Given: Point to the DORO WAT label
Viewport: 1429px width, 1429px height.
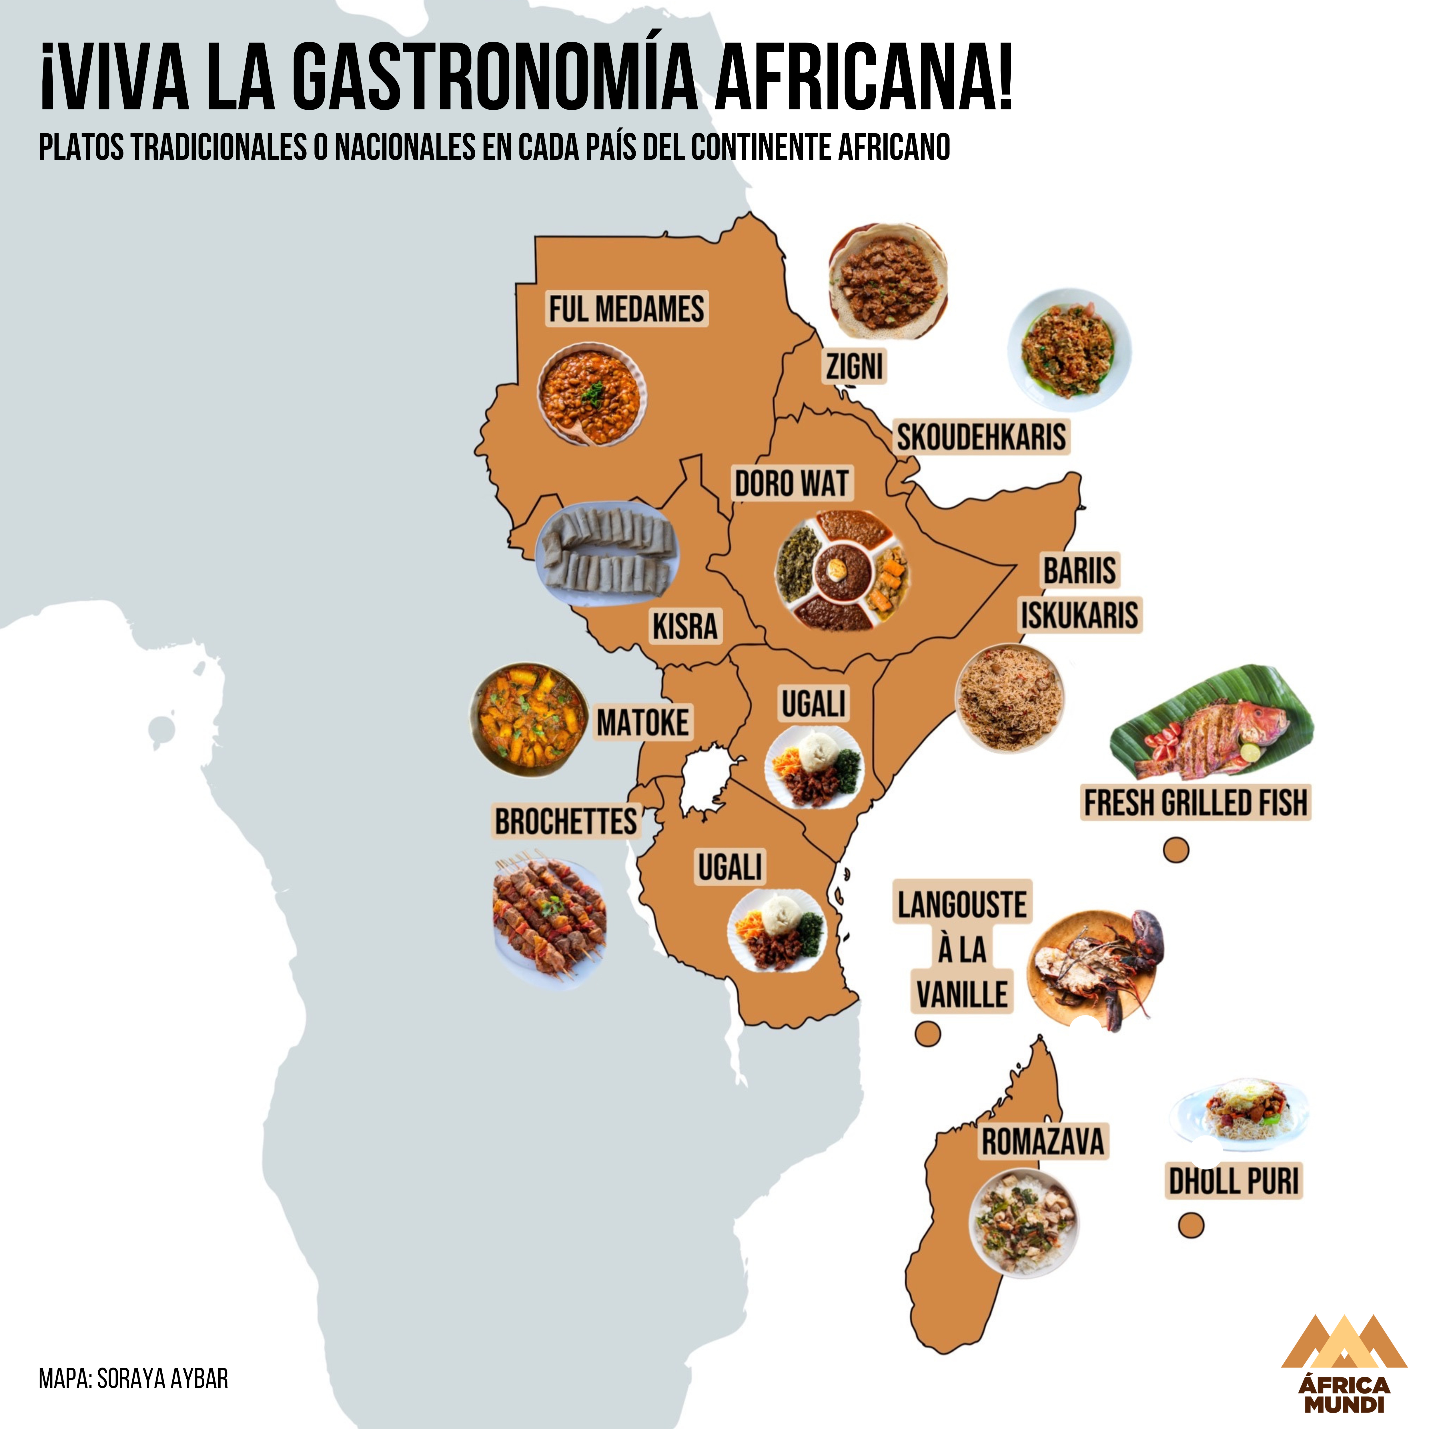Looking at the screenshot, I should coord(791,484).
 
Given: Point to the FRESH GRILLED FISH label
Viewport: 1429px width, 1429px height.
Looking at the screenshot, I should coord(1196,803).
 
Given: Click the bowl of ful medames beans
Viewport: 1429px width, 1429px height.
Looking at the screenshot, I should coord(592,394).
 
